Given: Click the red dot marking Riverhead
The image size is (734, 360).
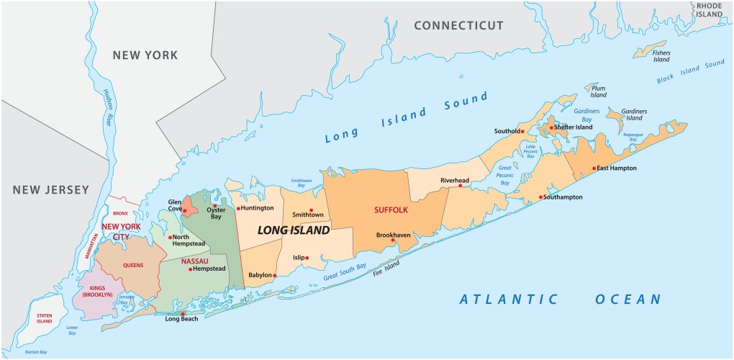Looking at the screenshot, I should (460, 186).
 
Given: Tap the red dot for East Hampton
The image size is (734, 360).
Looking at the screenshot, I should (593, 168).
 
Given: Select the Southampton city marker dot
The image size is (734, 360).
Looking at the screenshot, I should (541, 197).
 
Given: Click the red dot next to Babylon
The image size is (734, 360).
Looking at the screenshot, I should (275, 275).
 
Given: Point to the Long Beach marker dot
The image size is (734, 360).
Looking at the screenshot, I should (183, 314).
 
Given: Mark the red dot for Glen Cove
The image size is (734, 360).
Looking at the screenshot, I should (185, 211).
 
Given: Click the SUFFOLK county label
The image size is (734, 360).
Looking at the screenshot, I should (391, 210).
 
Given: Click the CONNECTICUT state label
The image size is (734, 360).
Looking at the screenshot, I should (458, 25).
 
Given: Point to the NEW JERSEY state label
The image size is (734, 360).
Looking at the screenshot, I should (50, 190).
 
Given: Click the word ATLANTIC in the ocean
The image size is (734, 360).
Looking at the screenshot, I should (509, 300).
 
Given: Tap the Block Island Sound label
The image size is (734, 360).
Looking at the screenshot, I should (689, 73).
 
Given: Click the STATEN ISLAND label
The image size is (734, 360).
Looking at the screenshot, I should (45, 318).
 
